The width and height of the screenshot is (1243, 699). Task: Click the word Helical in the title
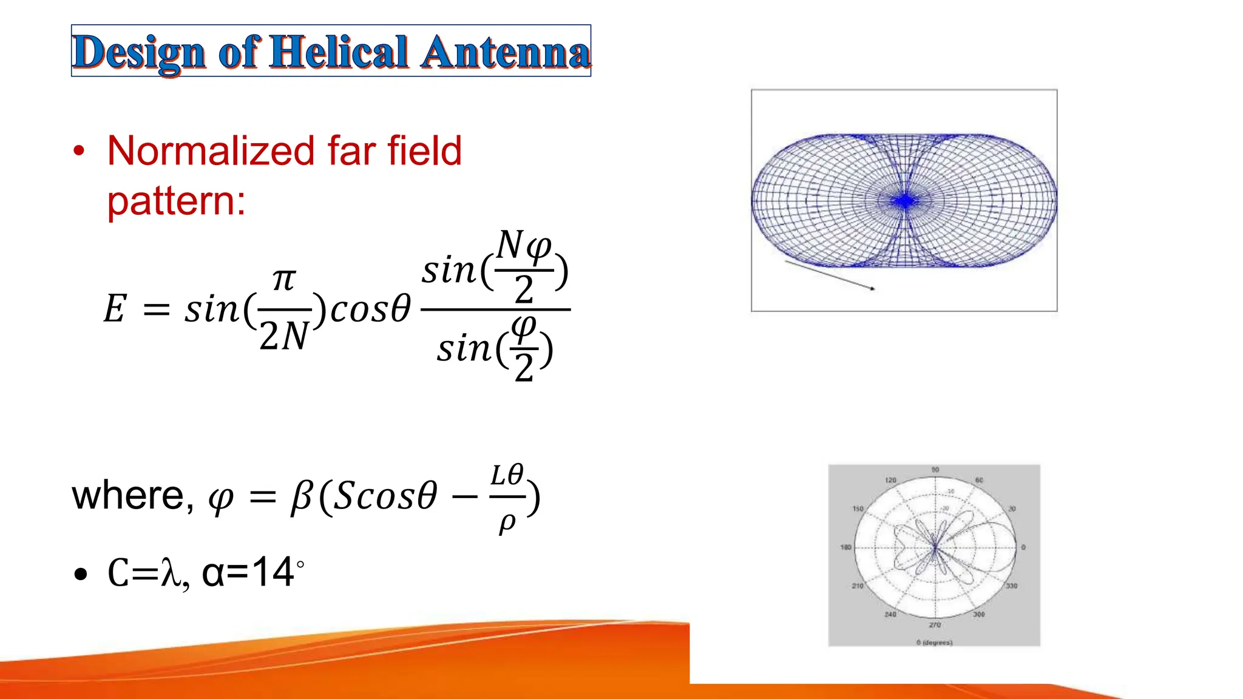pyautogui.click(x=338, y=52)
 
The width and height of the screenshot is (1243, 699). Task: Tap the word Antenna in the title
pyautogui.click(x=505, y=52)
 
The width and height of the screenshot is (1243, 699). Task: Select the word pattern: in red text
pyautogui.click(x=176, y=201)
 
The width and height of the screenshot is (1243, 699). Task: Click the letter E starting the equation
pyautogui.click(x=115, y=309)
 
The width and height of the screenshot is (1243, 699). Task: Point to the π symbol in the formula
pyautogui.click(x=283, y=280)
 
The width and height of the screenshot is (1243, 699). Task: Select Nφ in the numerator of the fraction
pyautogui.click(x=523, y=246)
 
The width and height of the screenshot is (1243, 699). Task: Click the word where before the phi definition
pyautogui.click(x=128, y=496)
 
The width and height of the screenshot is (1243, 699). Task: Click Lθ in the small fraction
pyautogui.click(x=507, y=475)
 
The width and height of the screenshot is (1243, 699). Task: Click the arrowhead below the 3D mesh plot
pyautogui.click(x=872, y=289)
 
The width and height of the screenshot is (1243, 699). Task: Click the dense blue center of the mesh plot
pyautogui.click(x=905, y=201)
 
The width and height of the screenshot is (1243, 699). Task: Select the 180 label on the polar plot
pyautogui.click(x=845, y=547)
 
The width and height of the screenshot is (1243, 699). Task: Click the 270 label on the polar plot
pyautogui.click(x=935, y=624)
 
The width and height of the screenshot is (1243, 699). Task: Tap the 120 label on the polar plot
pyautogui.click(x=890, y=480)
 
